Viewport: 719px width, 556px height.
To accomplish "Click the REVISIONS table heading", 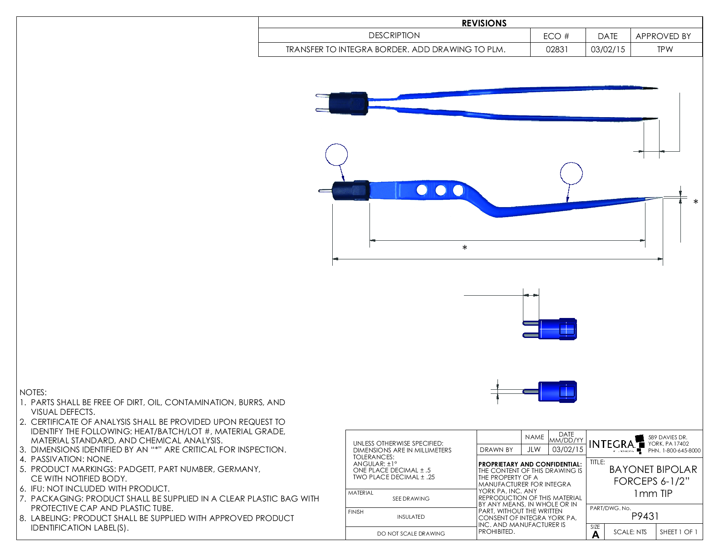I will [x=484, y=23].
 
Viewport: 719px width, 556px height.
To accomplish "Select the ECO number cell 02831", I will [x=557, y=50].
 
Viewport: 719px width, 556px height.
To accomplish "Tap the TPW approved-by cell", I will [x=665, y=50].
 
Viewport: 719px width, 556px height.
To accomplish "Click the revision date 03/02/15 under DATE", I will [x=608, y=50].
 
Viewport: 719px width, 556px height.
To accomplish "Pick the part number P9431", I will [x=645, y=516].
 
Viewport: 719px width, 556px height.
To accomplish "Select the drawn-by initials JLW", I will [x=534, y=449].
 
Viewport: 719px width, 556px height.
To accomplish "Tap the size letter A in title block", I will [x=596, y=535].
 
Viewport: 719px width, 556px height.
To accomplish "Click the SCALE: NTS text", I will [x=630, y=532].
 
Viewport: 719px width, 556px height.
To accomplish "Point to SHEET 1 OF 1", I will [x=679, y=532].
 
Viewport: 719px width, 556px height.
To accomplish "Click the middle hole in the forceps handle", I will [x=440, y=190].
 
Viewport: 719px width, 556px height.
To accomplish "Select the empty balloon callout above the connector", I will [x=336, y=155].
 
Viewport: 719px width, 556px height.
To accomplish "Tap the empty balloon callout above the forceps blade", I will [x=571, y=173].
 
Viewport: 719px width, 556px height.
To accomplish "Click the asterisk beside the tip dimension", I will [x=695, y=202].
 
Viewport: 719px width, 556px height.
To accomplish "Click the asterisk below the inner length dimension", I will [x=464, y=248].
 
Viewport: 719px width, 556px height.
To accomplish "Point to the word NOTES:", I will [x=33, y=392].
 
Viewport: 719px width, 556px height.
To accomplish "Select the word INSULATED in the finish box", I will [x=411, y=517].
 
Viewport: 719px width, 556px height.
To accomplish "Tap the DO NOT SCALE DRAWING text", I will [x=411, y=534].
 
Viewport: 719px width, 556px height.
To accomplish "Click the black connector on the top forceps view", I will [x=348, y=103].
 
